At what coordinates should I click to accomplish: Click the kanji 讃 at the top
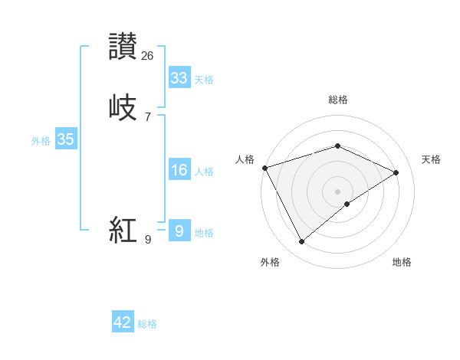123,46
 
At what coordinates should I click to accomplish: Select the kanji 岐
123,106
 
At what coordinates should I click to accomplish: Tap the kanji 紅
123,229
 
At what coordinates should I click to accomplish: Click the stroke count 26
148,55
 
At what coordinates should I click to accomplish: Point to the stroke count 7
148,116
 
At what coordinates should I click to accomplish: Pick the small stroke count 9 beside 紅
148,240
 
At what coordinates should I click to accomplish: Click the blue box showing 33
179,78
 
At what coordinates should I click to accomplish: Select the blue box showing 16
179,170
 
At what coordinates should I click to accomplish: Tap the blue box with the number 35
65,139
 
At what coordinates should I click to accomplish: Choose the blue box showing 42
123,322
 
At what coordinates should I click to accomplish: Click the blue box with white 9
179,231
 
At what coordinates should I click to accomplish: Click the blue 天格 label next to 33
204,80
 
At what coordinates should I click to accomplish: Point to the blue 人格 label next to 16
204,172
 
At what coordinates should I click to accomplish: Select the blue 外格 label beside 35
41,141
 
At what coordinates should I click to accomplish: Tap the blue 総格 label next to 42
147,324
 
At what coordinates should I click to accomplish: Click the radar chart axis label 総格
338,100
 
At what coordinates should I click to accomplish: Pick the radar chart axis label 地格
402,262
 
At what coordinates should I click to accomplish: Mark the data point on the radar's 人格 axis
264,168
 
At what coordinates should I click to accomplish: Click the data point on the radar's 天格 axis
396,172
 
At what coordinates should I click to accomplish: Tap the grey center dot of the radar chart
338,191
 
